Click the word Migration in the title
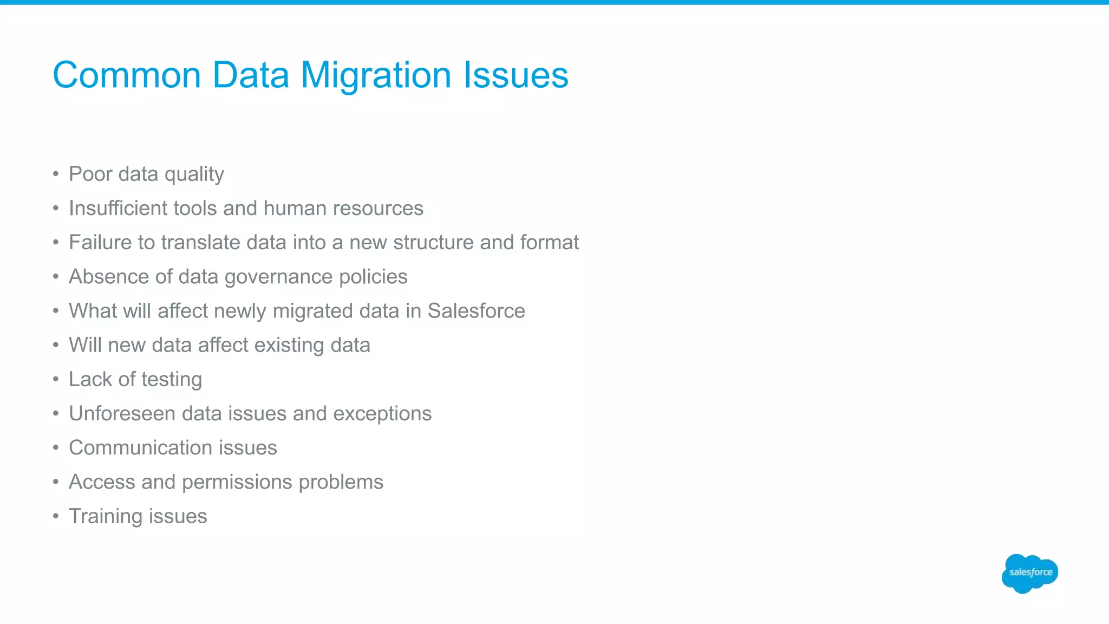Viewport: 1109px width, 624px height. coord(376,75)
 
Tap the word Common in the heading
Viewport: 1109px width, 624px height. coord(127,75)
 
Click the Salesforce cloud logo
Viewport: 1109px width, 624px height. coord(1029,573)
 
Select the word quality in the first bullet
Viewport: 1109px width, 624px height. coord(194,174)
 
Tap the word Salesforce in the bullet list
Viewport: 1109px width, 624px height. coord(476,311)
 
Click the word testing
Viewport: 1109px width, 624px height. coord(171,380)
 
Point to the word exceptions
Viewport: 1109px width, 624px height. coord(382,414)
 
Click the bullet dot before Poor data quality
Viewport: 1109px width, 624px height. coord(56,174)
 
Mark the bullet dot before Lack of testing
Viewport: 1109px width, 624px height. coord(56,380)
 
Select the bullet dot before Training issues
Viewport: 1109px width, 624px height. coord(56,517)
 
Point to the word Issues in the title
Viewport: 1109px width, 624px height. coord(516,75)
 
